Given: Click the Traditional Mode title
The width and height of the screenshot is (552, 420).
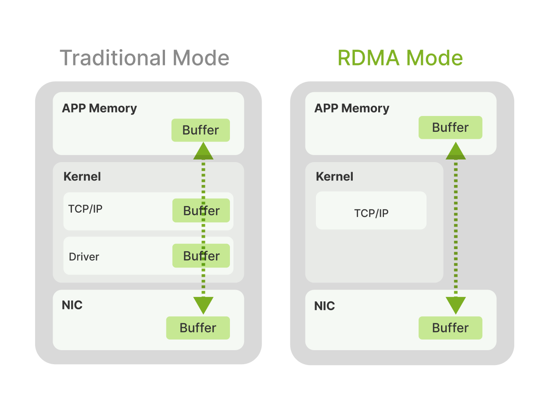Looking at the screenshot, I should (144, 58).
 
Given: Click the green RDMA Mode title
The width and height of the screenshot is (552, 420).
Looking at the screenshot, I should (400, 58).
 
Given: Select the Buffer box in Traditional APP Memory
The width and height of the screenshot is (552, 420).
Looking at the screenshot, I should (201, 130).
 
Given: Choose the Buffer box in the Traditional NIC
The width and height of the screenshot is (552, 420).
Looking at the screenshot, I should (198, 328).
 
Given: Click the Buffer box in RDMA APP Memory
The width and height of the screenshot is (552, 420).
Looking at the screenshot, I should (450, 127).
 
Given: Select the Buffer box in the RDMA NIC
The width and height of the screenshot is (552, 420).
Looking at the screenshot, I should (450, 328).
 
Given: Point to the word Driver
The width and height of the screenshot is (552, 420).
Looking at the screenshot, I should (84, 257).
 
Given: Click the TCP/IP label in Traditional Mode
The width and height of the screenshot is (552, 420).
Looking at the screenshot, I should (85, 209).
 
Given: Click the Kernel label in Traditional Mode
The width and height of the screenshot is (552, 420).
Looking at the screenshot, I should (82, 177).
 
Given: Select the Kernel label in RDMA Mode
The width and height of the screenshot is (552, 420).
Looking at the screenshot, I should (334, 177).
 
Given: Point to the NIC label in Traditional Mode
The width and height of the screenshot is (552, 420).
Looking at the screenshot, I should (72, 305).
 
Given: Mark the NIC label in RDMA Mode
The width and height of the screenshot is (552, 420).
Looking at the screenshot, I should (324, 306).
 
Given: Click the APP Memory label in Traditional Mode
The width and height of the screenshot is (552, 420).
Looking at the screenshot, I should (99, 109).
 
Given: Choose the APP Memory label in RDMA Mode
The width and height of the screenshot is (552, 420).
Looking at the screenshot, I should (351, 109).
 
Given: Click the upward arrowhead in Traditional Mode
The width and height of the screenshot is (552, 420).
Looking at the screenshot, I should (203, 152).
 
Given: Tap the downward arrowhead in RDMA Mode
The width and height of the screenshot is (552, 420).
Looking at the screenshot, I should (455, 305).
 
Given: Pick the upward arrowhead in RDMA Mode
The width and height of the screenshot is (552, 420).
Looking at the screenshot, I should (455, 152).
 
